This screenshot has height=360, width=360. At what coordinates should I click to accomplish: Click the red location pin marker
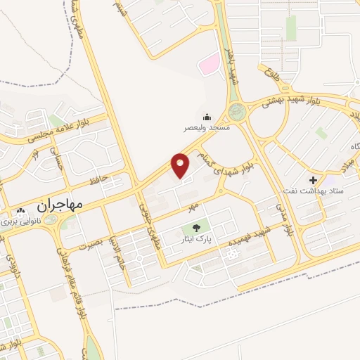(x=181, y=165)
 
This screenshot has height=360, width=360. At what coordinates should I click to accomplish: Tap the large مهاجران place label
(x=58, y=205)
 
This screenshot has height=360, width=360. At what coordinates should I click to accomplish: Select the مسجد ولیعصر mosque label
(x=207, y=129)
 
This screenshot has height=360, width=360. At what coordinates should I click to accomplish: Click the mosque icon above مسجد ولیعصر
(x=207, y=117)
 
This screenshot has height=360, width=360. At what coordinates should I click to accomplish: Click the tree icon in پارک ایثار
(x=195, y=228)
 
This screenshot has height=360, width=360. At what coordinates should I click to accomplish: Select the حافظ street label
(x=99, y=181)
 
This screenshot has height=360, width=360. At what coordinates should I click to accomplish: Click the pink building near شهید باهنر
(x=209, y=64)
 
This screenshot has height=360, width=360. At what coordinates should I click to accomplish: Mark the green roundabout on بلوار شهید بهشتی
(x=237, y=110)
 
